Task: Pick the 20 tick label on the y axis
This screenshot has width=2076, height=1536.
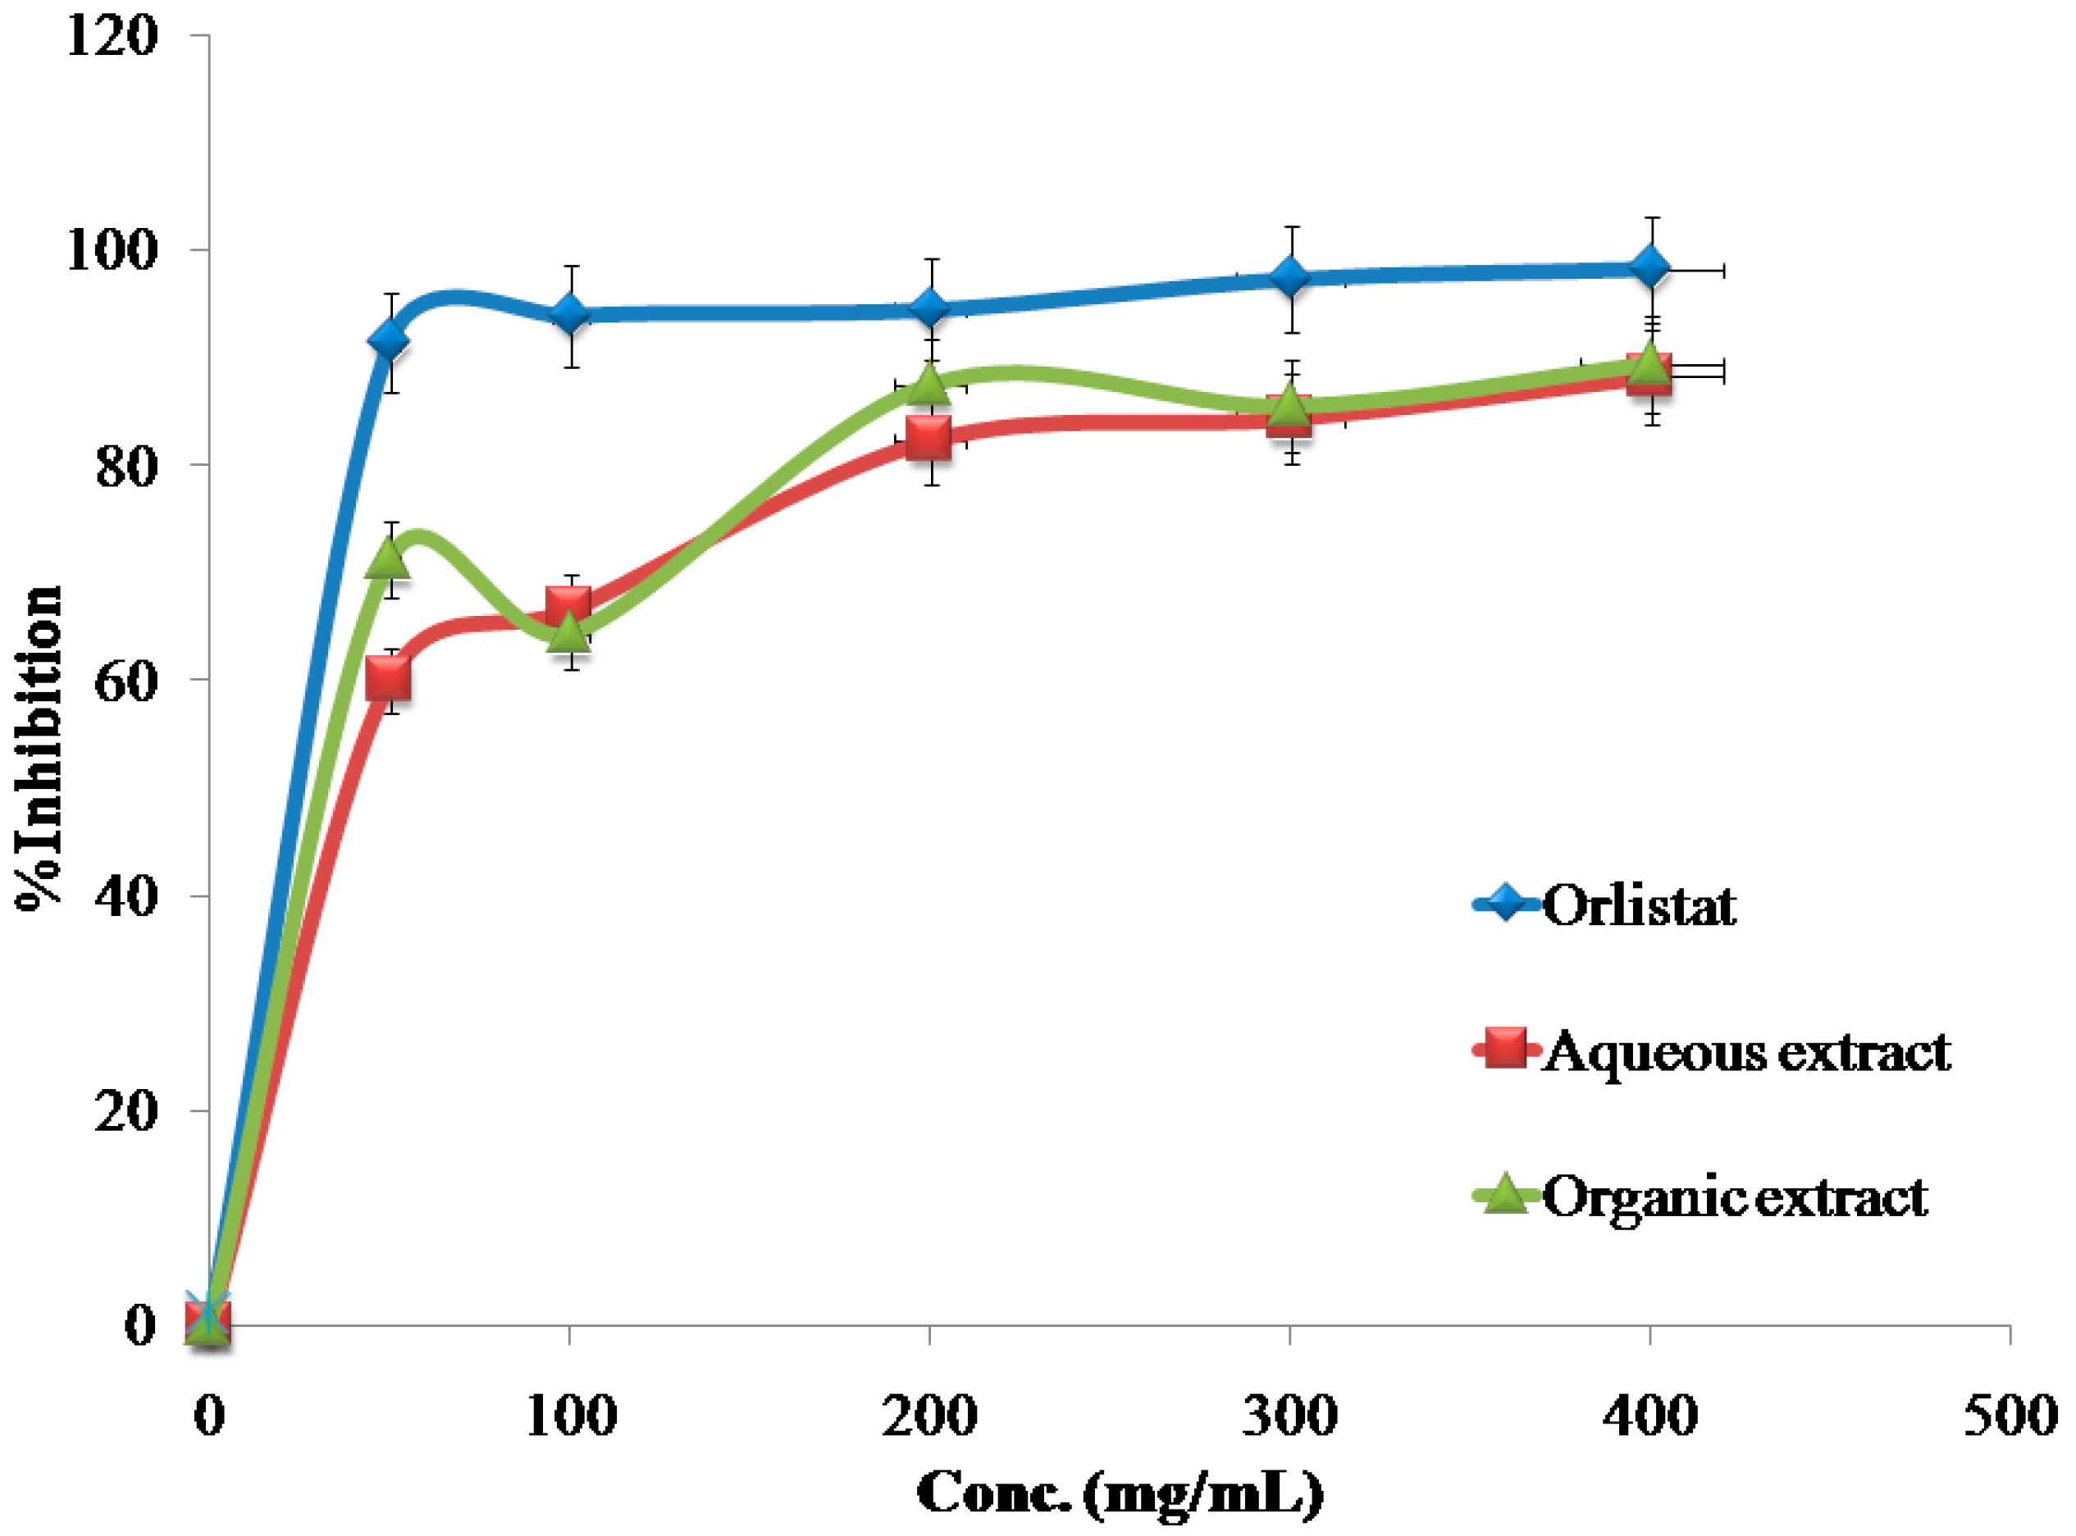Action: [x=125, y=1110]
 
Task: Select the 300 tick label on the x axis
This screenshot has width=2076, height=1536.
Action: [x=1289, y=1417]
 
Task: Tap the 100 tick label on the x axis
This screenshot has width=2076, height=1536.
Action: [x=570, y=1417]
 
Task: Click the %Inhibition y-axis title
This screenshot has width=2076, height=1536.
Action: [x=39, y=750]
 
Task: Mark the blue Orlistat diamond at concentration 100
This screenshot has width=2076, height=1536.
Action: [x=569, y=315]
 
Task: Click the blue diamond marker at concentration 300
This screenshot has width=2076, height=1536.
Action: [x=1289, y=277]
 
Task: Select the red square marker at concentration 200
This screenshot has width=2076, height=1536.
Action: [x=928, y=438]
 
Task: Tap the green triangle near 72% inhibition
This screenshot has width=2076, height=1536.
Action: [x=389, y=558]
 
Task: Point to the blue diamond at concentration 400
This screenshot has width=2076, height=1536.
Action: [x=1650, y=269]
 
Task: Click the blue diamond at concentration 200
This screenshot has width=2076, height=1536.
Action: [x=928, y=308]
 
